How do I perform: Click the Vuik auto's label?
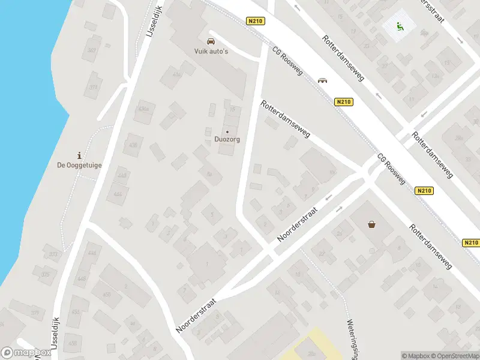[x=210, y=52]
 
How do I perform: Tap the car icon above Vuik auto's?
[x=210, y=41]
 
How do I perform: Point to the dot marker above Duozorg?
[x=227, y=132]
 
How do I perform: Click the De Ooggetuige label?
[x=79, y=166]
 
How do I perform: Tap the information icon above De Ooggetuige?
[x=79, y=155]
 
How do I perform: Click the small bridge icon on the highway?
[x=323, y=81]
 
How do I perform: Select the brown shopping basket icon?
[x=372, y=224]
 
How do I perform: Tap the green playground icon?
[x=399, y=26]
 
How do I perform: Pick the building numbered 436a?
[x=143, y=109]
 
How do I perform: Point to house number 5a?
[x=209, y=175]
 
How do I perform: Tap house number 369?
[x=91, y=50]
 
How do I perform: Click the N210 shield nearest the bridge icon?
[x=343, y=102]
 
